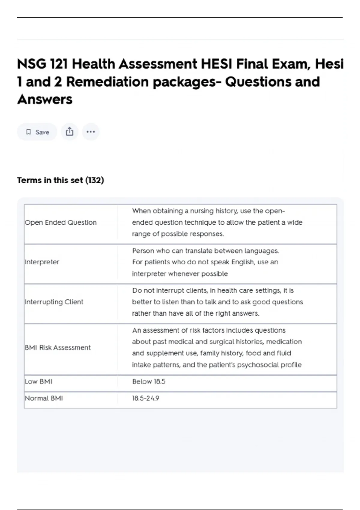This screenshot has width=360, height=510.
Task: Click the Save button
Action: (x=37, y=132)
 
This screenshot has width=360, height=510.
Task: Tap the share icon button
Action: (x=70, y=132)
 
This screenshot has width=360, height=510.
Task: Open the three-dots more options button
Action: (x=91, y=132)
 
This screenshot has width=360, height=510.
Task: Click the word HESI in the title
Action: (x=217, y=64)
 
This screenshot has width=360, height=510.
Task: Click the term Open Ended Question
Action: (x=61, y=223)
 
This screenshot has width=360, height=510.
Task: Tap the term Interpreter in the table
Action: (x=42, y=262)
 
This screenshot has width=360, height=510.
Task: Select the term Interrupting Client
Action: (x=54, y=302)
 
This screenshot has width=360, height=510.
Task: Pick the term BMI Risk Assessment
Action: (x=58, y=348)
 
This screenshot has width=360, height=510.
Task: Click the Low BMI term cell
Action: (x=38, y=382)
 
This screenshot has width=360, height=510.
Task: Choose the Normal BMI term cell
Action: (x=44, y=398)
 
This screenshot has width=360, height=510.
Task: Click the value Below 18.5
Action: (x=149, y=382)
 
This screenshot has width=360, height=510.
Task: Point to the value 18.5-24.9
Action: (x=146, y=398)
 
